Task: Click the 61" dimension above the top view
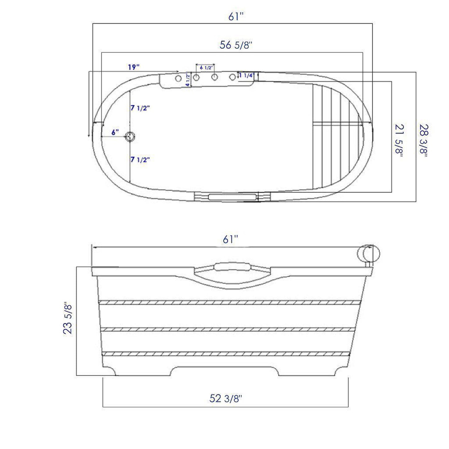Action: tap(235, 16)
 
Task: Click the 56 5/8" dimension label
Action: tap(235, 45)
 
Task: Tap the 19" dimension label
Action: tap(134, 67)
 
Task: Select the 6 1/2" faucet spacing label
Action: tap(206, 67)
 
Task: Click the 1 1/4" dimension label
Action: tap(247, 76)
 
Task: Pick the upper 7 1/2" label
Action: tap(140, 108)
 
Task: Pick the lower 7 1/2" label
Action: tap(140, 160)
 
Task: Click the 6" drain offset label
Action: tap(115, 132)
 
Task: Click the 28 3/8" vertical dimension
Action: tap(424, 141)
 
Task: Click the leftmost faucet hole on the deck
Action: tap(178, 78)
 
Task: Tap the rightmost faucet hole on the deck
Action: tap(232, 77)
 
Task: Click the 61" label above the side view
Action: tap(230, 239)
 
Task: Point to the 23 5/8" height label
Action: tap(68, 318)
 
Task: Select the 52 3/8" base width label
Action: tap(225, 398)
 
